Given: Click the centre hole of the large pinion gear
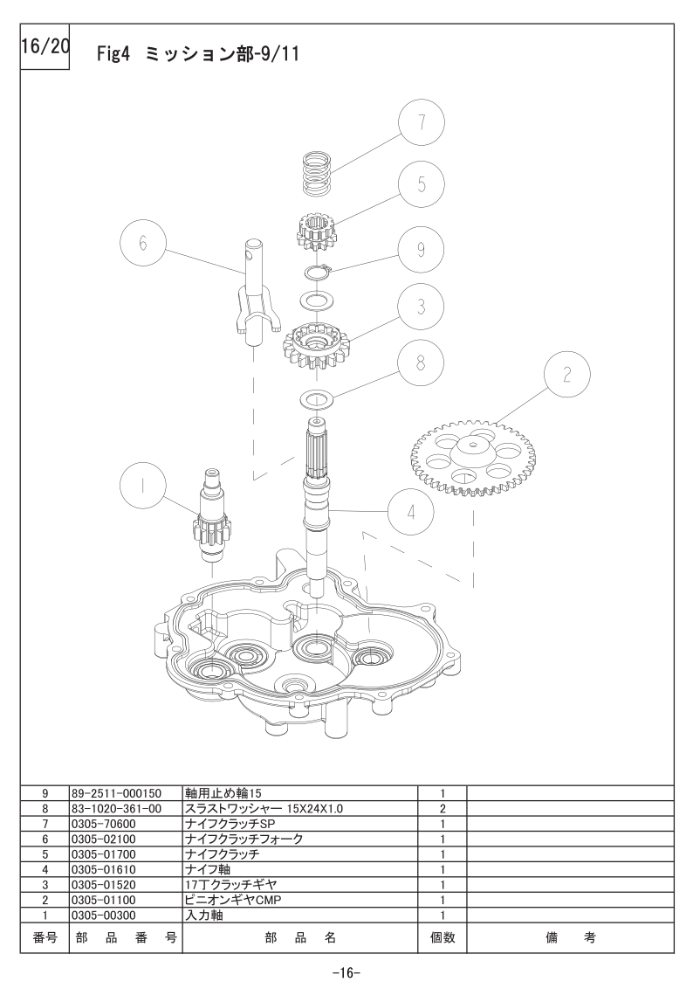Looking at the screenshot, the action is point(473,445).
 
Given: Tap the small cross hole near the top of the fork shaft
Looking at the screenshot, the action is point(252,254).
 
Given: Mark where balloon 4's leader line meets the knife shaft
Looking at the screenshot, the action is point(330,510).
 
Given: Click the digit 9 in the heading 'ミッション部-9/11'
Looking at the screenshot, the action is point(260,54).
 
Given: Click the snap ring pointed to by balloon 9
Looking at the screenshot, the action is point(318,272).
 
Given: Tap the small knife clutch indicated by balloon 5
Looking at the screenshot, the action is point(316,231).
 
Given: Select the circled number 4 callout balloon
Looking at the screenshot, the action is point(411,512).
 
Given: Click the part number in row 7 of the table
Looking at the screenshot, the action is point(103,824).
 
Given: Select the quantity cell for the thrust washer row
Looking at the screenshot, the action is point(443,808).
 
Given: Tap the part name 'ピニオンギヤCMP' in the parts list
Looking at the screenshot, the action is point(233,900).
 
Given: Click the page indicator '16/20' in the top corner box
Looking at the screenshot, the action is point(45,47).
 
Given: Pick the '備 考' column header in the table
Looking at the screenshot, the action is point(571,937).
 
